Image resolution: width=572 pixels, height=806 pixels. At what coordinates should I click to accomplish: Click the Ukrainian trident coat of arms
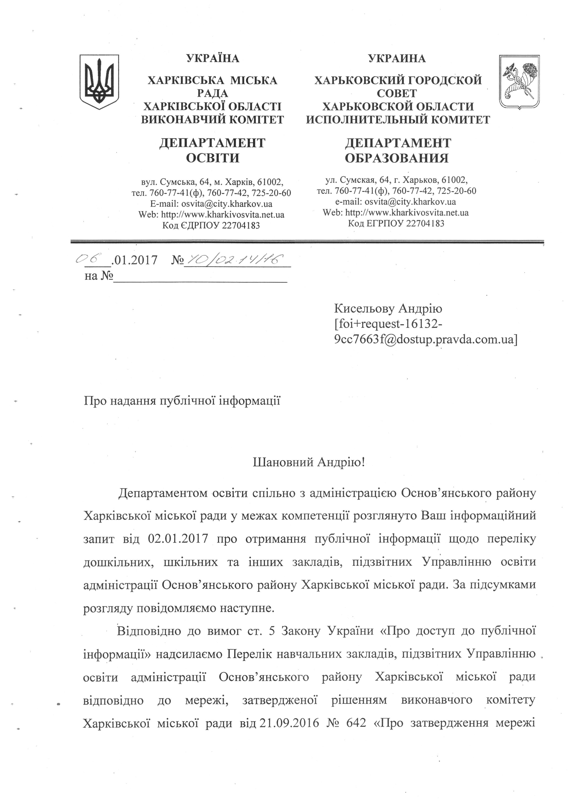coord(99,81)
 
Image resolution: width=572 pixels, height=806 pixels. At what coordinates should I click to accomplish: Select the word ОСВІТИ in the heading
coord(212,158)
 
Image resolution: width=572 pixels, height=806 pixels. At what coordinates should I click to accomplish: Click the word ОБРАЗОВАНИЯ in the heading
coord(397,158)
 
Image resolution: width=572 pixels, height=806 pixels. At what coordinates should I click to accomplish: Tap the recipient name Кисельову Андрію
coord(388,309)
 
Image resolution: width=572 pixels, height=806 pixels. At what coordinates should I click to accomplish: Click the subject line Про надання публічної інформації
coord(182,401)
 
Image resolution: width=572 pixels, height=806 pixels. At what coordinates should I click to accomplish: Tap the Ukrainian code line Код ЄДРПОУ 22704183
coord(211,225)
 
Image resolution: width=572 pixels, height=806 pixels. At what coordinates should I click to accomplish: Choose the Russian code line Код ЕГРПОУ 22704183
coord(396,223)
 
